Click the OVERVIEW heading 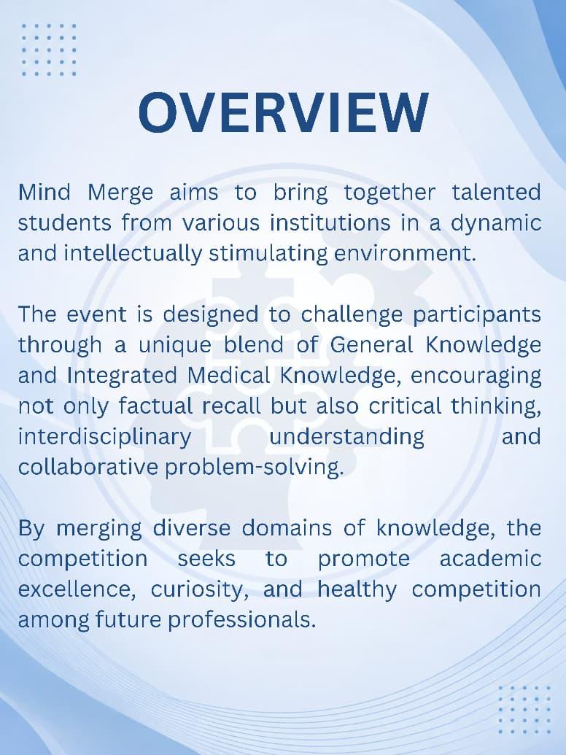point(283,112)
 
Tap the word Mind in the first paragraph point(44,192)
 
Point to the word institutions point(330,222)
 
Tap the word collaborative point(88,467)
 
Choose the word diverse point(192,527)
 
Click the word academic point(490,558)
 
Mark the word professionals point(242,621)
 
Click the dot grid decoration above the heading point(49,50)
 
